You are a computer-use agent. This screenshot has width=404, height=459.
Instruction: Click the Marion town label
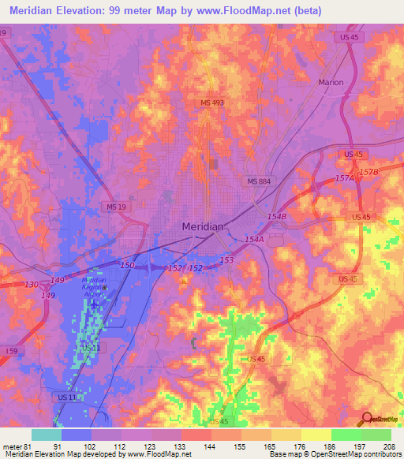331,82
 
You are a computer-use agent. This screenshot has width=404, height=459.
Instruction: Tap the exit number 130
31,284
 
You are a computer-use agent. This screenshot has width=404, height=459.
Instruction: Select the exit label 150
127,267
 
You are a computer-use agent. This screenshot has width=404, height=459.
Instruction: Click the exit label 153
226,260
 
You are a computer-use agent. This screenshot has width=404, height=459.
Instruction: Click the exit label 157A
344,179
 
